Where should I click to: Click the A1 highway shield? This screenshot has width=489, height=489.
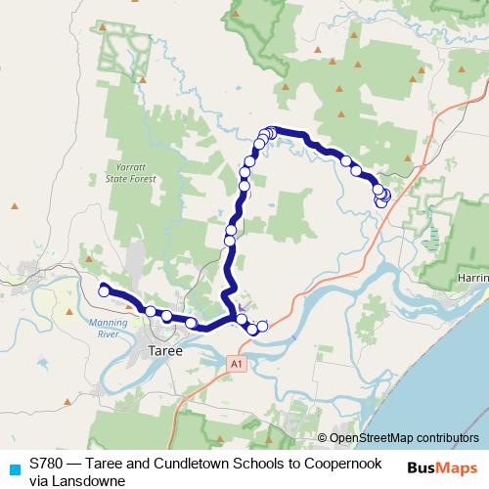pos(236,364)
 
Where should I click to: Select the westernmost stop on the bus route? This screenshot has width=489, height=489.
pos(103,289)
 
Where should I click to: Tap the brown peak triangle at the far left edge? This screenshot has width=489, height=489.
pos(15,205)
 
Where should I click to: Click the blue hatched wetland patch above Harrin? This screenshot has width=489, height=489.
pos(432,237)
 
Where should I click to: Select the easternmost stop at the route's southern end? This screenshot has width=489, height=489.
pos(262,325)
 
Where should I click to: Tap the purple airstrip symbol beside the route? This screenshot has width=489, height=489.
pos(242,306)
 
